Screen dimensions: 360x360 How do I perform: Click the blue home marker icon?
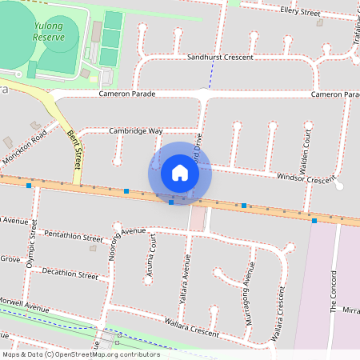click(x=180, y=172)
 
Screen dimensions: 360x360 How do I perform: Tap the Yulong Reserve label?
click(x=49, y=31)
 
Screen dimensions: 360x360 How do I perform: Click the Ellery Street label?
click(x=301, y=10)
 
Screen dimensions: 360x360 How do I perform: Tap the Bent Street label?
click(x=76, y=148)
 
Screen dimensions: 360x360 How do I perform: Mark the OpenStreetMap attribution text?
click(x=81, y=354)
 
